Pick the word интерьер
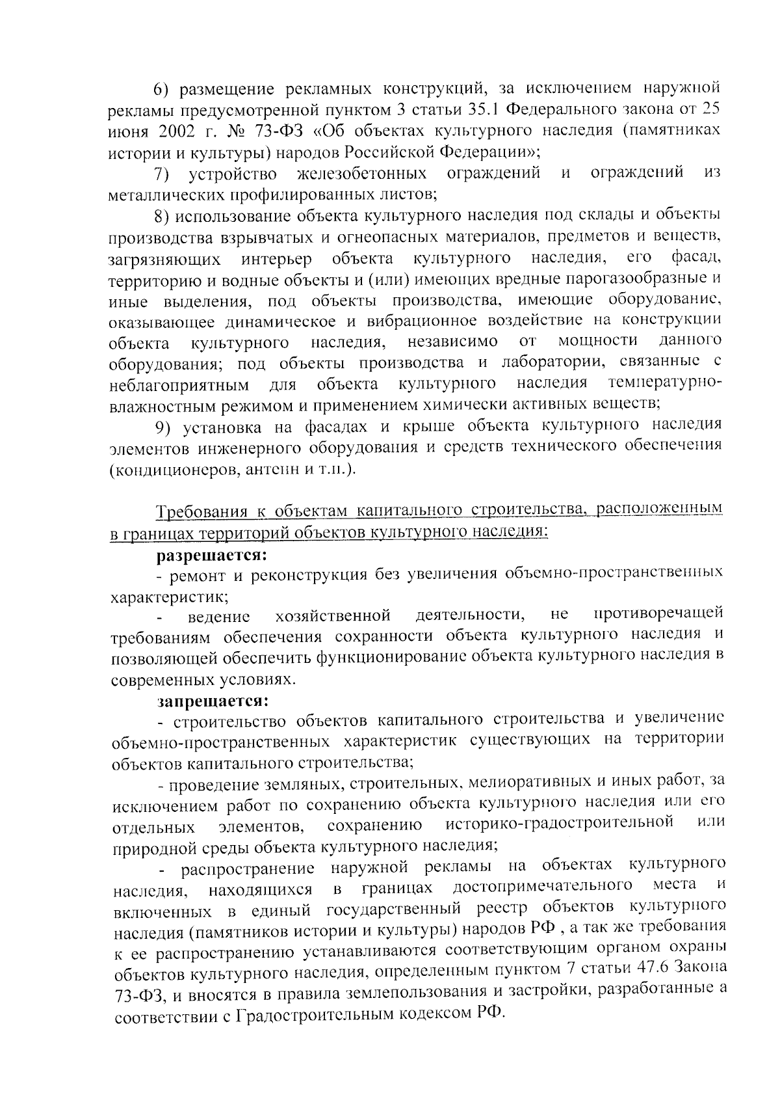(x=276, y=259)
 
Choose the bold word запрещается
(x=212, y=701)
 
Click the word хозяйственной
(x=332, y=615)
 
